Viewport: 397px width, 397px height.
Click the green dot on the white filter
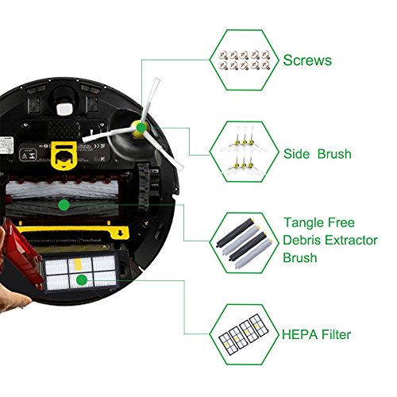pos(80,279)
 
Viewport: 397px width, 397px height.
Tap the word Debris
pos(303,241)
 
